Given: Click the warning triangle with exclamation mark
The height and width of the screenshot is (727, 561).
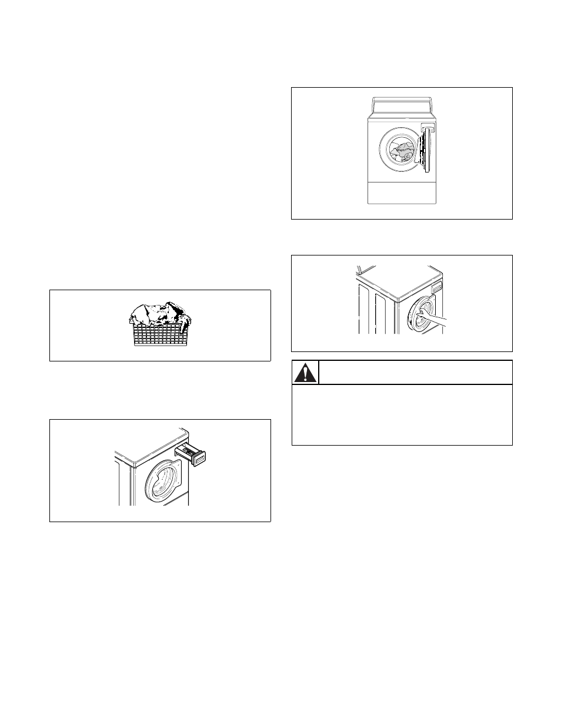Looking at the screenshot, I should coord(305,373).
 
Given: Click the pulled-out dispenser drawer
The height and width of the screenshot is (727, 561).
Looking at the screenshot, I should coord(193,454).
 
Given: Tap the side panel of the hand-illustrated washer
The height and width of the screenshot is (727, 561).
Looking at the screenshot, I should coord(376,312).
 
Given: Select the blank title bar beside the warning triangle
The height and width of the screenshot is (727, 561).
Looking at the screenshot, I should coord(415,373).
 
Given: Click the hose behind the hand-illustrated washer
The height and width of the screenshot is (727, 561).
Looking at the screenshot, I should coord(358,272).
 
